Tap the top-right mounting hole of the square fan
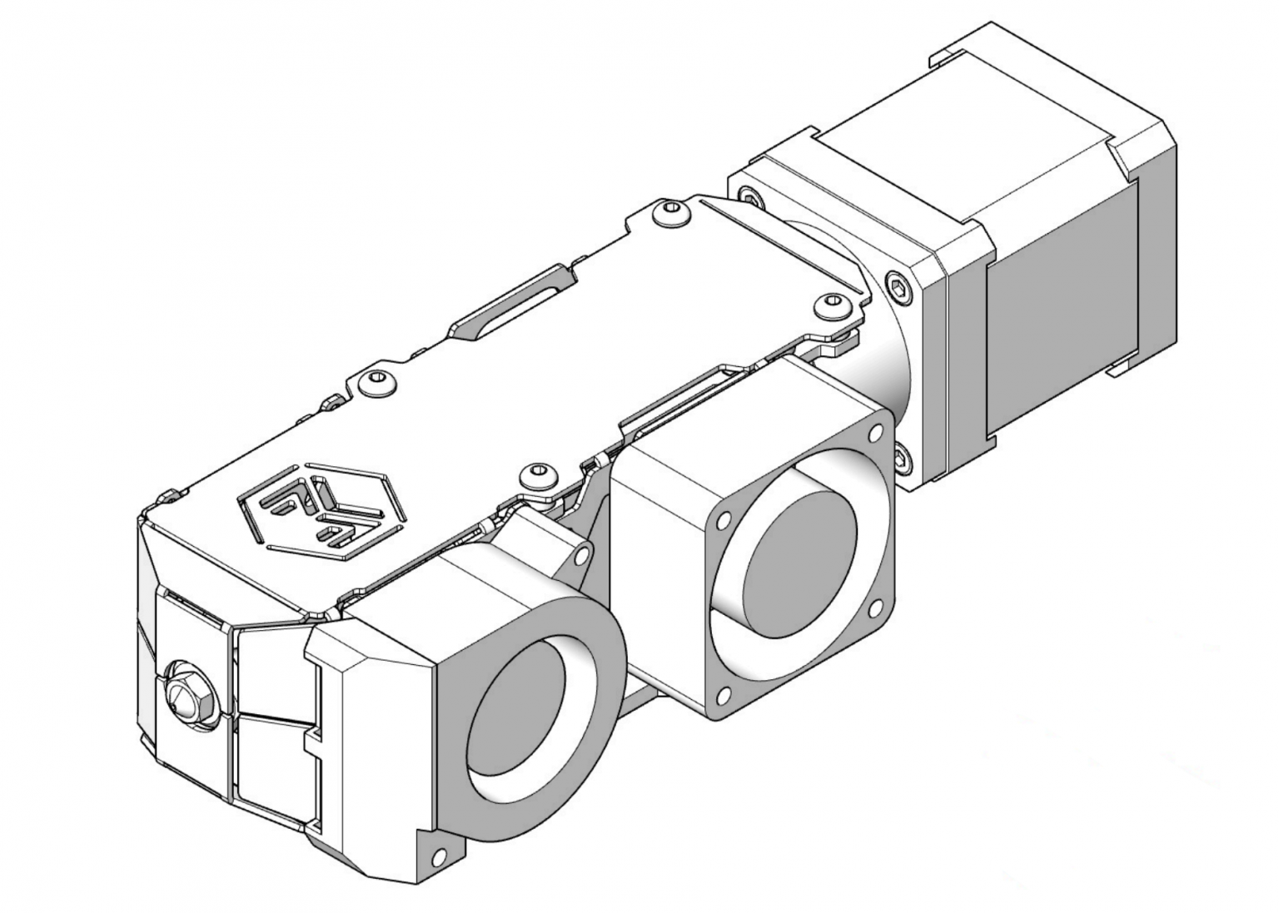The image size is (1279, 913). click(874, 433)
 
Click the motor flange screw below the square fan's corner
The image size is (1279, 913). click(901, 455)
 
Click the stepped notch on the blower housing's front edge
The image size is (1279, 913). click(313, 737)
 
